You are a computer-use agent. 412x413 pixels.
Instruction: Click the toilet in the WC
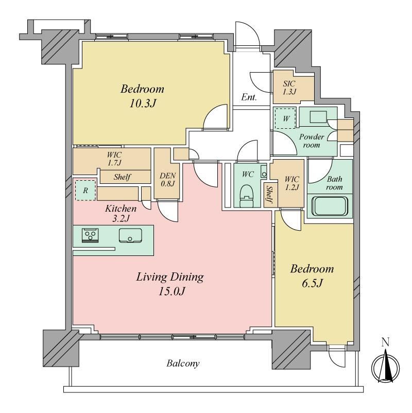pos(247,196)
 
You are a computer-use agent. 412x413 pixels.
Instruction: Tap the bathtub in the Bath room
pos(330,205)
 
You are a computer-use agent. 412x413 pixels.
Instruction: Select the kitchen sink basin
pos(130,235)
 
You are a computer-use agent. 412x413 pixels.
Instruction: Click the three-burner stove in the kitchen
pos(90,235)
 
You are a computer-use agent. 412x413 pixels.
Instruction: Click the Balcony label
pos(183,364)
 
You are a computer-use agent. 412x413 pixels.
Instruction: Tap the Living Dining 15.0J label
pos(170,284)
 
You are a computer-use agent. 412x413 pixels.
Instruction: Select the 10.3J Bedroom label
pos(143,96)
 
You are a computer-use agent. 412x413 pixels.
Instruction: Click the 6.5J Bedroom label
pos(312,276)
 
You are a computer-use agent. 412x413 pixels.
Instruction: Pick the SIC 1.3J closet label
pos(289,88)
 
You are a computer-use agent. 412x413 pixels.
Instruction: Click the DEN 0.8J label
pos(167,179)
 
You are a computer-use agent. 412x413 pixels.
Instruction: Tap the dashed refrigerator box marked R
pos(85,190)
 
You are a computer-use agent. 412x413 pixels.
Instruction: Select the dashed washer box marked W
pos(285,118)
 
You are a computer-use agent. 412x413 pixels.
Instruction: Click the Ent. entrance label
pos(249,97)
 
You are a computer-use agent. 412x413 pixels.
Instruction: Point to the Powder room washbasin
pos(318,117)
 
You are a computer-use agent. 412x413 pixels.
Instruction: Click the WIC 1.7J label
pos(114,159)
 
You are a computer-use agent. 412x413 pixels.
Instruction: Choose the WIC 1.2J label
pos(292,183)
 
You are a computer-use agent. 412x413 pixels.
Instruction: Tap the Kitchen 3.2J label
pos(121,213)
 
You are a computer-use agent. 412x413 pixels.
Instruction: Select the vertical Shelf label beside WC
pos(269,194)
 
